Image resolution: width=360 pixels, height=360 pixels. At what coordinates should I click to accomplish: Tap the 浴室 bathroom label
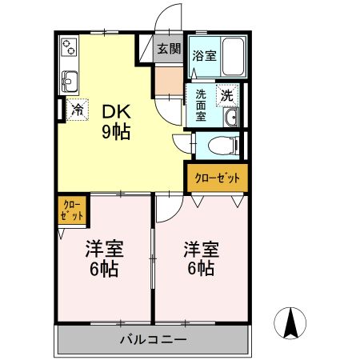205,56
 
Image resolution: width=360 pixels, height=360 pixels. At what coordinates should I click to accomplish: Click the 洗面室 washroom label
201,104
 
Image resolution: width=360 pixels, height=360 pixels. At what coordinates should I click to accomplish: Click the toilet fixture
227,146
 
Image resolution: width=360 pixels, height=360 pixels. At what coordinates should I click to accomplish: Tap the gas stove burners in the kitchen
68,47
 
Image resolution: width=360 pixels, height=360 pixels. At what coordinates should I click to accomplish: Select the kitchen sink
68,80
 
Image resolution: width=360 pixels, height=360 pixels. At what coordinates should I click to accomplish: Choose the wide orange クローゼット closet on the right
217,178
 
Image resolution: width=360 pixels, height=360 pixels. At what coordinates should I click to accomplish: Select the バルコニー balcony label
154,340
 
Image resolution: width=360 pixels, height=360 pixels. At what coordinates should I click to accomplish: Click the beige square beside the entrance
169,81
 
